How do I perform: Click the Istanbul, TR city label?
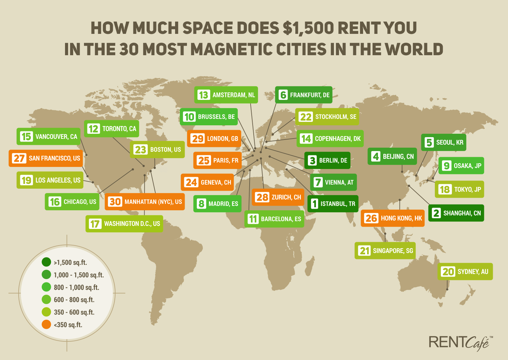333,204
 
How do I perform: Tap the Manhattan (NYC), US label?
145,202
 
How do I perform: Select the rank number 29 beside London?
197,139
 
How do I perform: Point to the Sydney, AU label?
465,272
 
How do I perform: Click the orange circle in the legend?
46,324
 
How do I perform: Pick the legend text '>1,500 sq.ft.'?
70,262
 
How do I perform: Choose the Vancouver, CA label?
49,136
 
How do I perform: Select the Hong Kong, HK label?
393,218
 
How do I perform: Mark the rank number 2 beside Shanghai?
436,213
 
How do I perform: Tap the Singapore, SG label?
385,251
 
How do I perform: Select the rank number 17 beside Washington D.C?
95,224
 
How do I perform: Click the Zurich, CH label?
278,197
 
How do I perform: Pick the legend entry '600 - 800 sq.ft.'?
74,300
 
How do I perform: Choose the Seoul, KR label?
444,142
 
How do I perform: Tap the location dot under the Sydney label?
447,289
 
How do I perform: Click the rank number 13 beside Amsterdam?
204,95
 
